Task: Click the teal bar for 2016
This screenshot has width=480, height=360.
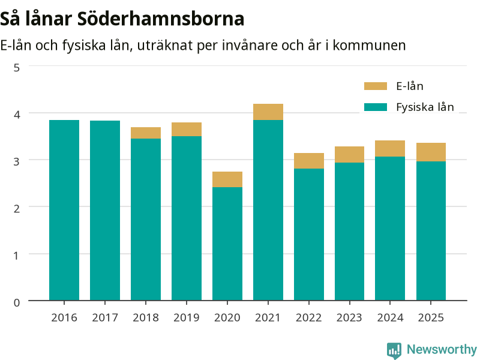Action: point(64,210)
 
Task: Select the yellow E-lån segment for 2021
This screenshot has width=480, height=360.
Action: point(268,112)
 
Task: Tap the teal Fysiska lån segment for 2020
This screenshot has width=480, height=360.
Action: point(227,244)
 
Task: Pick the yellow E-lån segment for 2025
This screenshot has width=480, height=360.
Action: point(431,152)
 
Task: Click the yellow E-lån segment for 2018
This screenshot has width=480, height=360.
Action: point(146,133)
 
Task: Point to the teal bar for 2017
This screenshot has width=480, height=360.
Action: point(105,211)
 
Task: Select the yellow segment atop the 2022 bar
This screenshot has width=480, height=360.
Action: point(309,161)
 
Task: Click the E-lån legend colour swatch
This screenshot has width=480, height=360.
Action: point(376,86)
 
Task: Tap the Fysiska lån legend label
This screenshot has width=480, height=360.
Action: point(425,107)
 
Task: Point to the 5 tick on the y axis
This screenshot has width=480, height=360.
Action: point(17,68)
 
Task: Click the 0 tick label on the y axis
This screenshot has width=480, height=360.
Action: point(17,303)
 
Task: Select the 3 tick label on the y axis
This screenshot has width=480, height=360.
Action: point(17,161)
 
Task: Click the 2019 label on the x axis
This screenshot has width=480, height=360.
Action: point(187,318)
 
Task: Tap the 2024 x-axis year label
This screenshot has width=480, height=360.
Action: point(390,318)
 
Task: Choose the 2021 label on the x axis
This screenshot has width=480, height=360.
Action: point(268,318)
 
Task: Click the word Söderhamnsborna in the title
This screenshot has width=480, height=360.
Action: point(161,19)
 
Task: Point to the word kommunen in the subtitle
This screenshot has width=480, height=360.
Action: point(369,46)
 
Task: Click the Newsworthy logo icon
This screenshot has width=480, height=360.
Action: point(394,350)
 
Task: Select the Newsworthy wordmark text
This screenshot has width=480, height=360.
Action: point(442,349)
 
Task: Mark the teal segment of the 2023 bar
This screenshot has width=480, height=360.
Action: point(349,232)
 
